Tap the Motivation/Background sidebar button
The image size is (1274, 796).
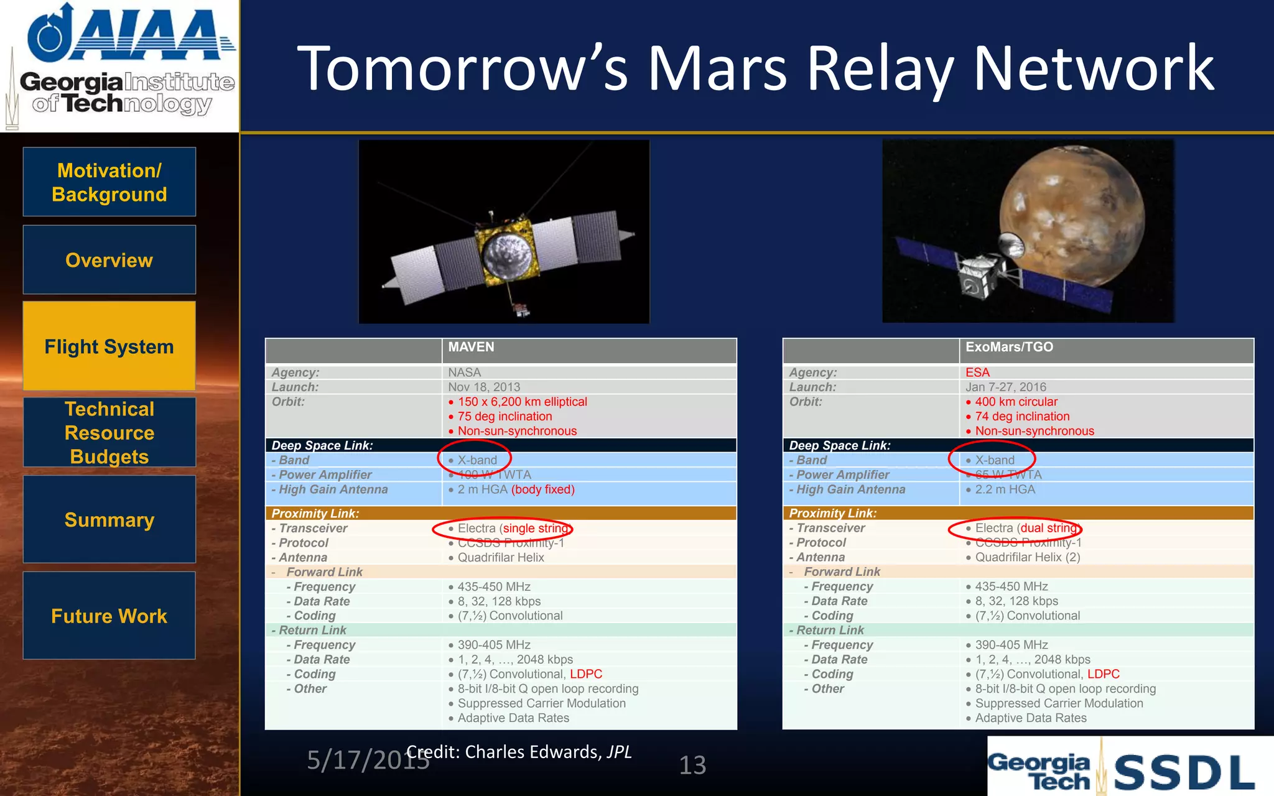[109, 182]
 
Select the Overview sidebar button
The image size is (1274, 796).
[109, 260]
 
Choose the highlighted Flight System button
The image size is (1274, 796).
[109, 346]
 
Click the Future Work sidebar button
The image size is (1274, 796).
[109, 616]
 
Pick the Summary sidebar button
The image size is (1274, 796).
[109, 519]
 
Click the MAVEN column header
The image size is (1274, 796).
[471, 347]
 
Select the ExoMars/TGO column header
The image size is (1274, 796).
[1009, 347]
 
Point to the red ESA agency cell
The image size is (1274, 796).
[977, 373]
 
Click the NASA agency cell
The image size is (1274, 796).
[464, 373]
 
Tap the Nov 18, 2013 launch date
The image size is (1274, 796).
[484, 387]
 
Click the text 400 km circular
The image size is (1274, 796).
[1016, 402]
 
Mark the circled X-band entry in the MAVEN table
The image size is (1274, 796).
[477, 460]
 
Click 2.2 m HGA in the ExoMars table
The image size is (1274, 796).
[1005, 489]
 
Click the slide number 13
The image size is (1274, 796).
[692, 765]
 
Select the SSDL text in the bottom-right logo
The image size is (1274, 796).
[1183, 773]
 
